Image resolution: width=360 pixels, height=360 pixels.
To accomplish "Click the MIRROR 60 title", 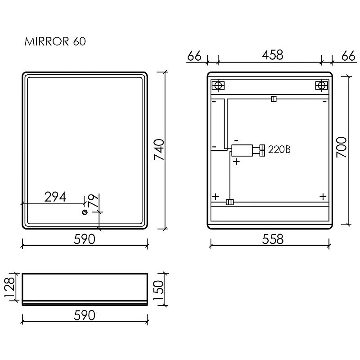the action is click(x=55, y=41).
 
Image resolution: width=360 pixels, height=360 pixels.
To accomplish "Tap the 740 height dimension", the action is click(x=159, y=149).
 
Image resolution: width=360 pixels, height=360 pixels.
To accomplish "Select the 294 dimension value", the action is click(x=55, y=197).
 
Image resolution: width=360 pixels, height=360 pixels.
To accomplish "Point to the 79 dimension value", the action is click(x=93, y=201).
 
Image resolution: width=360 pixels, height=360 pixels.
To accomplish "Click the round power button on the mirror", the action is click(x=85, y=212).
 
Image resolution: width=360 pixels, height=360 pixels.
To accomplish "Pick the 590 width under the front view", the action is click(x=84, y=239).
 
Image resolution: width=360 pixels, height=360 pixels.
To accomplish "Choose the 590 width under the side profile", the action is click(x=84, y=315).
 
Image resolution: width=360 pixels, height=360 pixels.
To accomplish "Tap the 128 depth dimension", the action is click(x=9, y=287).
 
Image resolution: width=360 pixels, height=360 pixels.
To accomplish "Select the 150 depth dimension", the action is click(x=158, y=290).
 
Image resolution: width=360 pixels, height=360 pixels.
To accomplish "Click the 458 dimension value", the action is click(x=273, y=55).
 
